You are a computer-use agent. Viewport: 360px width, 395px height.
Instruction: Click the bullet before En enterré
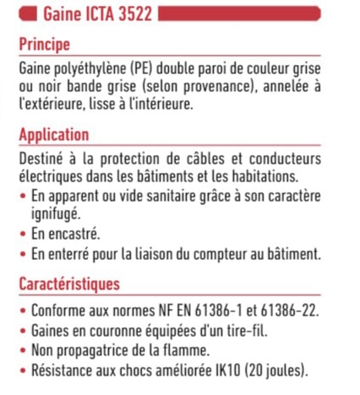(x=22, y=254)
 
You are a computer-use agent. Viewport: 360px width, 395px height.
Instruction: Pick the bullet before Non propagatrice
(x=22, y=349)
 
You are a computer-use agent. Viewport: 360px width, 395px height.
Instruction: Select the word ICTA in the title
(x=93, y=14)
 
